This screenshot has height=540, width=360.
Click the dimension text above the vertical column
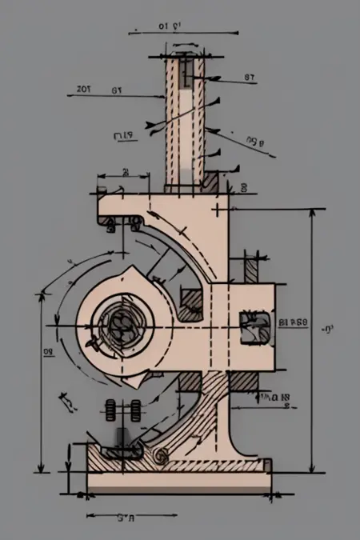169,26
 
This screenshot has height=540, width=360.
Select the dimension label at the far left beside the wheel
47,350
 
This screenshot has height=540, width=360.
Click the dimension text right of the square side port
292,322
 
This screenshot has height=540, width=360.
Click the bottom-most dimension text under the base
125,518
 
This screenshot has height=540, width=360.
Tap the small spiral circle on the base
160,456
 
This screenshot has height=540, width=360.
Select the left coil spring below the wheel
110,410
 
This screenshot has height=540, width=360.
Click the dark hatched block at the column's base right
210,182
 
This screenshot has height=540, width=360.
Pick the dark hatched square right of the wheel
192,302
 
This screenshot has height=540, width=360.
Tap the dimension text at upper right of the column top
249,78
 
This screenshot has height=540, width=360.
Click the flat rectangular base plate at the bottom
176,482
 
